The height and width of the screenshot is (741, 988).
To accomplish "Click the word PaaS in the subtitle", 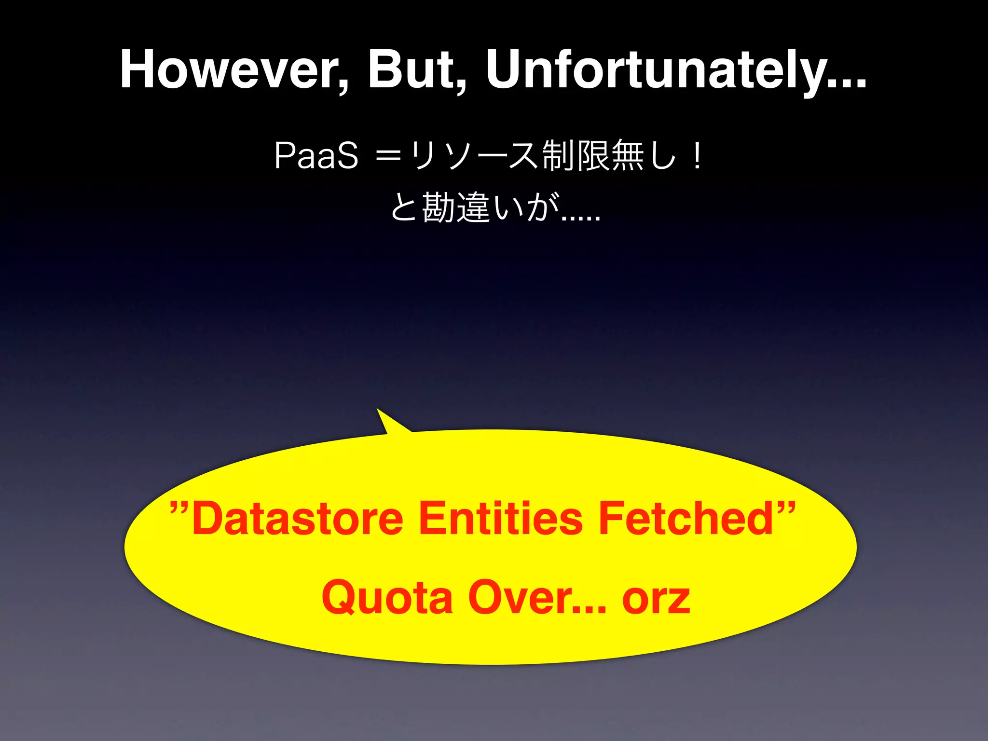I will [316, 156].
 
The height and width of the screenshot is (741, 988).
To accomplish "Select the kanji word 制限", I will [576, 156].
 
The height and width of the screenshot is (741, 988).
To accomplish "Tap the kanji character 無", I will [628, 156].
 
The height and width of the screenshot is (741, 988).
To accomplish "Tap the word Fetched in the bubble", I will [686, 519].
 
